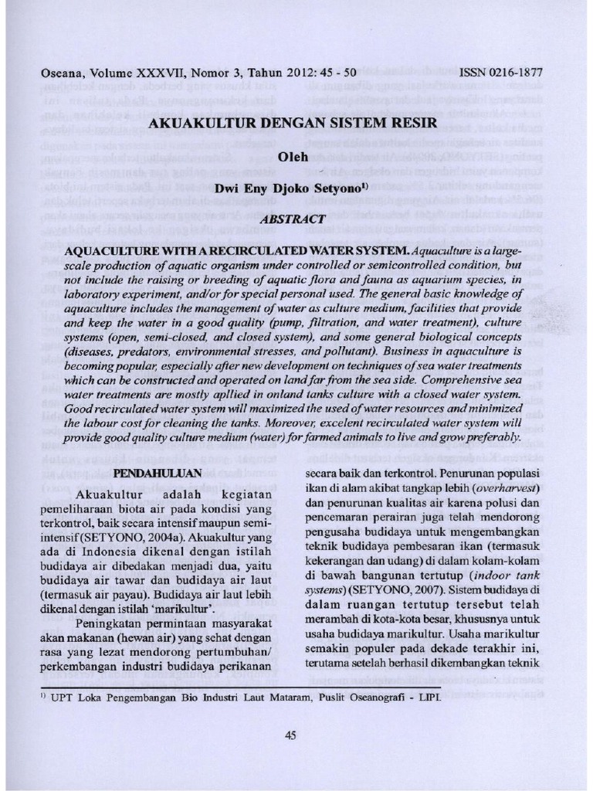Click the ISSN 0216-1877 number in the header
pos(500,73)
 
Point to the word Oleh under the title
pos(292,157)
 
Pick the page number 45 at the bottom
pos(291,735)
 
